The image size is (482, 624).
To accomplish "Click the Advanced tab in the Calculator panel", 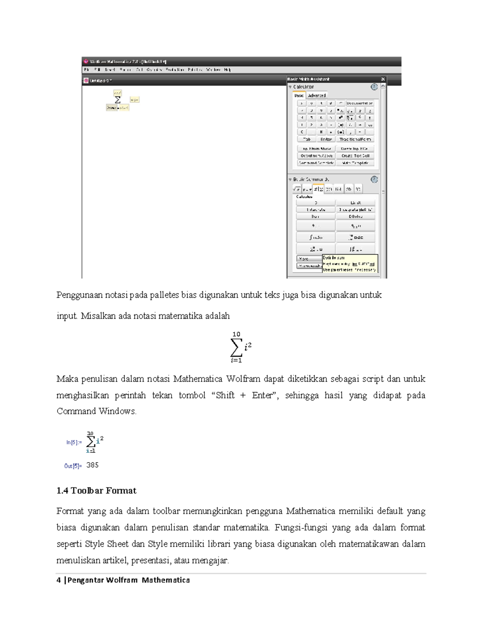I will [x=317, y=96].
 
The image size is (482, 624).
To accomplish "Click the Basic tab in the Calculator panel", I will [x=299, y=96].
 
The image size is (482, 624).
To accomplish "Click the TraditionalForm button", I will [x=355, y=139].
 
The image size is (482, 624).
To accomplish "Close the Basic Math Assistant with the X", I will [x=383, y=79].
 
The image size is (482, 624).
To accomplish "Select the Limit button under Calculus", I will [x=355, y=203].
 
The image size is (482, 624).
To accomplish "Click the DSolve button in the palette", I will [x=355, y=217].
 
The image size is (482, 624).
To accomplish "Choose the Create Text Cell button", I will [x=355, y=156].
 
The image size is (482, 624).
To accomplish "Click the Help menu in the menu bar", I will [x=227, y=70].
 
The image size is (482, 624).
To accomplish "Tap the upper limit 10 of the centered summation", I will [x=236, y=334].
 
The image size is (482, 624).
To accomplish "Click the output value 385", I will [x=92, y=465].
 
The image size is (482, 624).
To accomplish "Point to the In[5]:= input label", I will [x=74, y=442].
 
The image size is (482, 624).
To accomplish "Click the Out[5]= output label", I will [x=73, y=466].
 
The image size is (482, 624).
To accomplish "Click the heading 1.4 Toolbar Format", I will [x=96, y=491].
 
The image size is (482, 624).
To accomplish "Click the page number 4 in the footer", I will [x=59, y=580].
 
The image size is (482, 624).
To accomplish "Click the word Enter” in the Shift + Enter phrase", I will [x=265, y=395].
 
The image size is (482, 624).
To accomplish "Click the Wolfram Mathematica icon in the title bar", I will [x=86, y=61].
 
